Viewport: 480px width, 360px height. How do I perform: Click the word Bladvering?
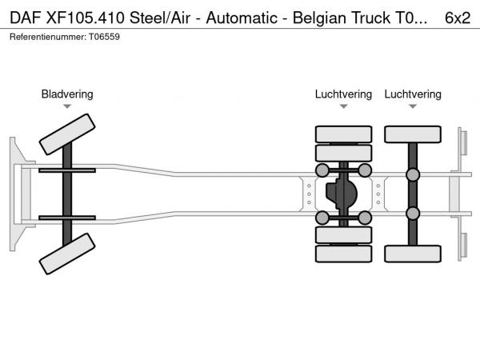coord(67,94)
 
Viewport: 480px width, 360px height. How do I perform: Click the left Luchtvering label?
coord(343,94)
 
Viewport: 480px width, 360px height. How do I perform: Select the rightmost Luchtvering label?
coord(413,94)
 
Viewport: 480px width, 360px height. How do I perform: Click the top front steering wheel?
coord(67,133)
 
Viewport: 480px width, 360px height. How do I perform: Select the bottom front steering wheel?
coord(67,258)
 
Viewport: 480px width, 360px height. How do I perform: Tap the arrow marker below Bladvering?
coord(67,106)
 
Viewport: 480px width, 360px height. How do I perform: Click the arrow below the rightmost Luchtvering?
coord(413,106)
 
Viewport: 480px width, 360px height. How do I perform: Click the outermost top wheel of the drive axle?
coord(344,134)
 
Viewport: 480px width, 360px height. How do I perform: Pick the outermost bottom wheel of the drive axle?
coord(344,254)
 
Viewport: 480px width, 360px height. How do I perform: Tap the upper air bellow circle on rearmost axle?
coord(413,175)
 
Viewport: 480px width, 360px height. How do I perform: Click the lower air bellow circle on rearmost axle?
coord(413,213)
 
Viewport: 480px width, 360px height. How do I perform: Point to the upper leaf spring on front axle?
coord(67,170)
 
